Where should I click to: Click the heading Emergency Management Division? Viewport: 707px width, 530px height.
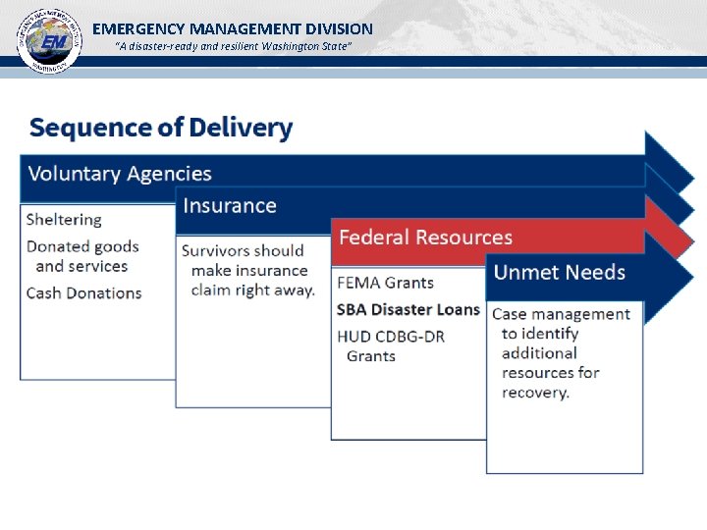(233, 28)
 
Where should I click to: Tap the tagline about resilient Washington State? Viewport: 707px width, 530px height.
(233, 47)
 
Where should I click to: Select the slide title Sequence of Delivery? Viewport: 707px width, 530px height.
(161, 128)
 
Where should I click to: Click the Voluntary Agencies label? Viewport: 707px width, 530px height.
(120, 174)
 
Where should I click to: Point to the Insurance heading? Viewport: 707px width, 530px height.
(230, 206)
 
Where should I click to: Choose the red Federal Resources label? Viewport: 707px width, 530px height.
(425, 238)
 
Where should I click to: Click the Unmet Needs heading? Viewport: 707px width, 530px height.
(559, 272)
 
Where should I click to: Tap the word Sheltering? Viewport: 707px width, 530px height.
(64, 220)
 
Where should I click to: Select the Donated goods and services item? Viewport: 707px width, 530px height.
(82, 256)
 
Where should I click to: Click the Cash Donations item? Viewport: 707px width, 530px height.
(84, 292)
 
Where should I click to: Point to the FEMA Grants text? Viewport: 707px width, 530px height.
(385, 283)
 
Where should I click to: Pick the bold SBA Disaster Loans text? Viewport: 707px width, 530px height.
(408, 309)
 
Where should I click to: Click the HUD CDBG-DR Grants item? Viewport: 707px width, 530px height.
(390, 345)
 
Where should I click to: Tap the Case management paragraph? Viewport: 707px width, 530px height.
(560, 353)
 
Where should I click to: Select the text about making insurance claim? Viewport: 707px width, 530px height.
(247, 270)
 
